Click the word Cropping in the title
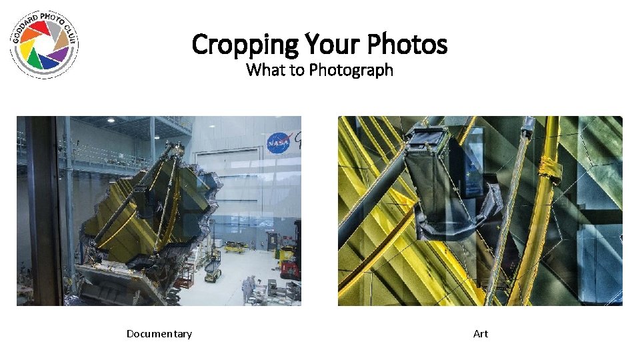click(245, 45)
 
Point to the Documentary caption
click(159, 333)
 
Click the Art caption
click(481, 333)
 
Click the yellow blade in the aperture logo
click(27, 49)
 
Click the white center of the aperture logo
click(44, 45)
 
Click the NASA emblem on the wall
click(277, 143)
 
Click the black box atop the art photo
click(428, 139)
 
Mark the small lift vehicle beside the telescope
click(212, 269)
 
